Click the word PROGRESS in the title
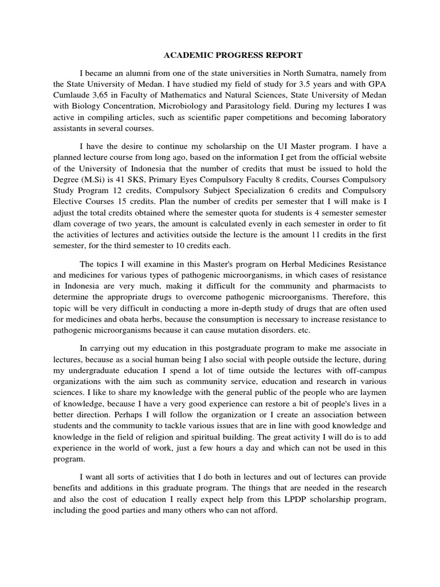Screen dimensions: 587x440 pyautogui.click(x=228, y=55)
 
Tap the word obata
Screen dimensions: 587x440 pyautogui.click(x=134, y=320)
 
